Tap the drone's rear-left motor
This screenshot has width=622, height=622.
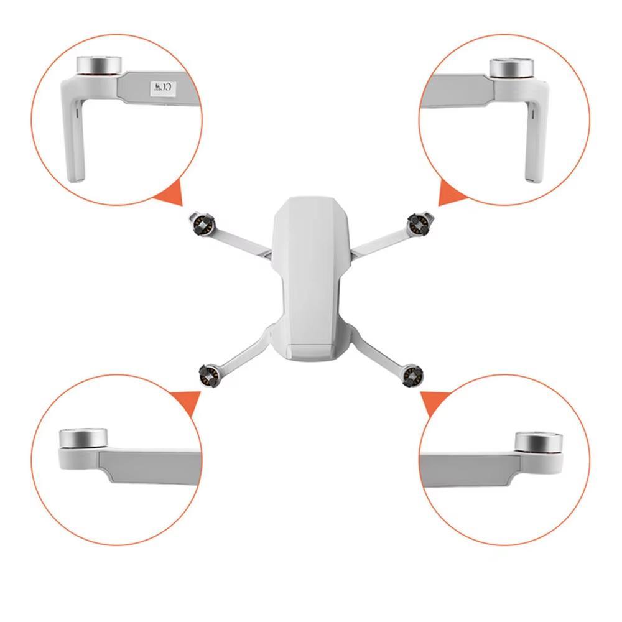[x=208, y=375]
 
